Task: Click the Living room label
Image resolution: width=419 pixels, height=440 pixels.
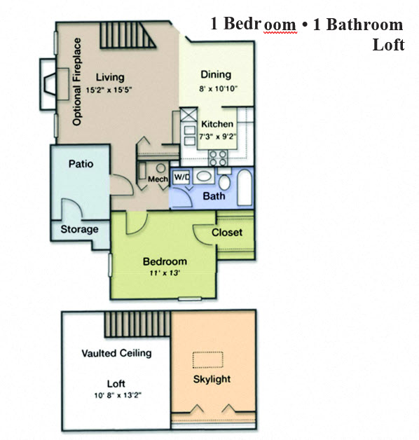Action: coord(109,77)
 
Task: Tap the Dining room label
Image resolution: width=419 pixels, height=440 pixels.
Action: coord(216,75)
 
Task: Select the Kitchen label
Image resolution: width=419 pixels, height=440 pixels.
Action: coord(217,124)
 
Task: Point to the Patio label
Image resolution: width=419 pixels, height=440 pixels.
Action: coord(81,164)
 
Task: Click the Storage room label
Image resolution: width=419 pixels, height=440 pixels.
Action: coord(79,229)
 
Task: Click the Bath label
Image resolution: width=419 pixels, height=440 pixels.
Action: coord(214,196)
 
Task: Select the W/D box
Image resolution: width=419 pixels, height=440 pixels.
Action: coord(181,177)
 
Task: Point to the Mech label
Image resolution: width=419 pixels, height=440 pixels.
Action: coord(156,179)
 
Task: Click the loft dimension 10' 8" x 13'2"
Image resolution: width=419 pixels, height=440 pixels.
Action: coord(116,397)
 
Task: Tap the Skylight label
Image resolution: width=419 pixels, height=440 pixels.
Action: coord(211,380)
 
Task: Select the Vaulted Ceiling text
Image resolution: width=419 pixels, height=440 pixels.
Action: coord(116,353)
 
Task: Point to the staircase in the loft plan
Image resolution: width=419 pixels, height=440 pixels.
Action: coord(138,324)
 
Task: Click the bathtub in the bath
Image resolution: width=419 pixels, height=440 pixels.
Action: coord(242,186)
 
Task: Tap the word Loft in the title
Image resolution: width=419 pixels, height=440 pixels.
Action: coord(389,46)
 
